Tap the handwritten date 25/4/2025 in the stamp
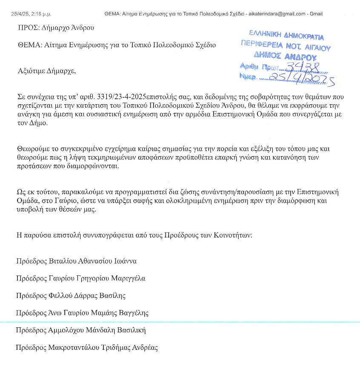pyautogui.click(x=302, y=77)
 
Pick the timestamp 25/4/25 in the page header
pyautogui.click(x=20, y=14)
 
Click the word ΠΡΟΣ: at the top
pyautogui.click(x=29, y=28)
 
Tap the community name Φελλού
pyautogui.click(x=60, y=295)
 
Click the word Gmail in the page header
pyautogui.click(x=316, y=14)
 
